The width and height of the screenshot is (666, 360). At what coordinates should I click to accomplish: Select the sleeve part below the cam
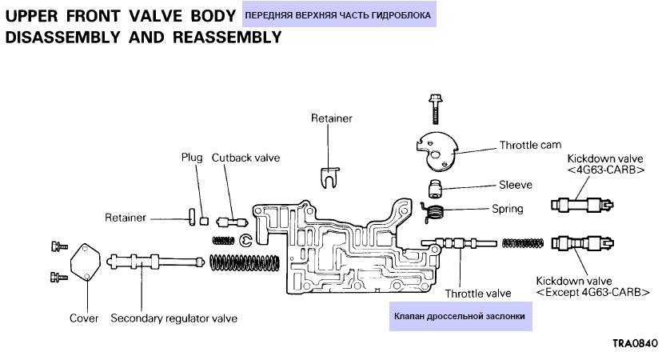[435, 189]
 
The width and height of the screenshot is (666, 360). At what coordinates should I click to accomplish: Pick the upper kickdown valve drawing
[581, 204]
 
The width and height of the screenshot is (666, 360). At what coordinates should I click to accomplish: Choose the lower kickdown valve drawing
[581, 243]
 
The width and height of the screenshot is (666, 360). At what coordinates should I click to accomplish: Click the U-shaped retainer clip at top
[329, 174]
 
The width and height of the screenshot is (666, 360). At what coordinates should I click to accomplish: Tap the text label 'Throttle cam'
[530, 146]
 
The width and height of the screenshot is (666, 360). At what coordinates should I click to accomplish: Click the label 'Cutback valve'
[245, 158]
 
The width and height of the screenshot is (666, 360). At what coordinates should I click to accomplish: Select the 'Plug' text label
[192, 158]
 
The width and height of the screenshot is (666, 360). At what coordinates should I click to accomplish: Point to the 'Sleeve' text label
[516, 185]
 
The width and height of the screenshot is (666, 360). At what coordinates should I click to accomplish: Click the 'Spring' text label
[508, 209]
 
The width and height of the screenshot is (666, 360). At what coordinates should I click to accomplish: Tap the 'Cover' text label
[84, 318]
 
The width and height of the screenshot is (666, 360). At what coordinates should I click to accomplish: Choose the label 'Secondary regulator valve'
[173, 318]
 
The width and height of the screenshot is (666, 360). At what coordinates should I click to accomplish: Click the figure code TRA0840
[635, 343]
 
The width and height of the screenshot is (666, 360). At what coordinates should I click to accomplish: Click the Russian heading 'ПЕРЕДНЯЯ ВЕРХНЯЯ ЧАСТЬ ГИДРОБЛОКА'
[337, 15]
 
